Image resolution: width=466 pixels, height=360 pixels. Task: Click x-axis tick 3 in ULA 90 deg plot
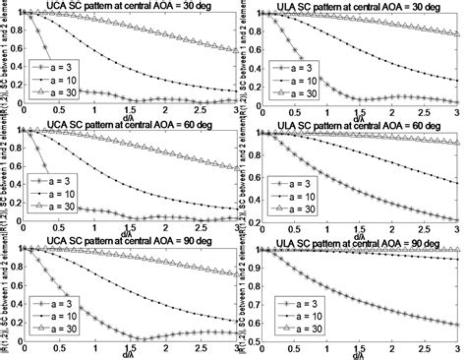(458, 349)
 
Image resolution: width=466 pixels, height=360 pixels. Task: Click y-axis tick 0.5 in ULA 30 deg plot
(239, 62)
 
